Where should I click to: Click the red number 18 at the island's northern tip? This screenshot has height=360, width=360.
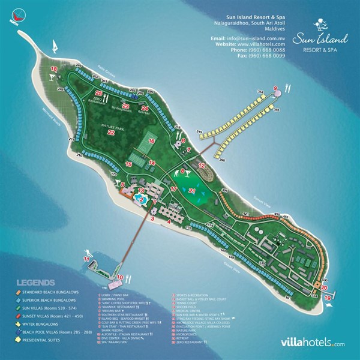click(53, 70)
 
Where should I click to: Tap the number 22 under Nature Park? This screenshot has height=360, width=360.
click(111, 133)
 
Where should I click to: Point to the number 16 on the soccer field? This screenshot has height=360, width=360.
click(151, 141)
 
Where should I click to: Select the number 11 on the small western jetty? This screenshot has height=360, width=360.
click(87, 259)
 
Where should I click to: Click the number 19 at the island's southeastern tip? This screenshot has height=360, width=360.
click(326, 297)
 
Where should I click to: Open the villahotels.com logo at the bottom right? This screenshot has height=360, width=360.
click(313, 344)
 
